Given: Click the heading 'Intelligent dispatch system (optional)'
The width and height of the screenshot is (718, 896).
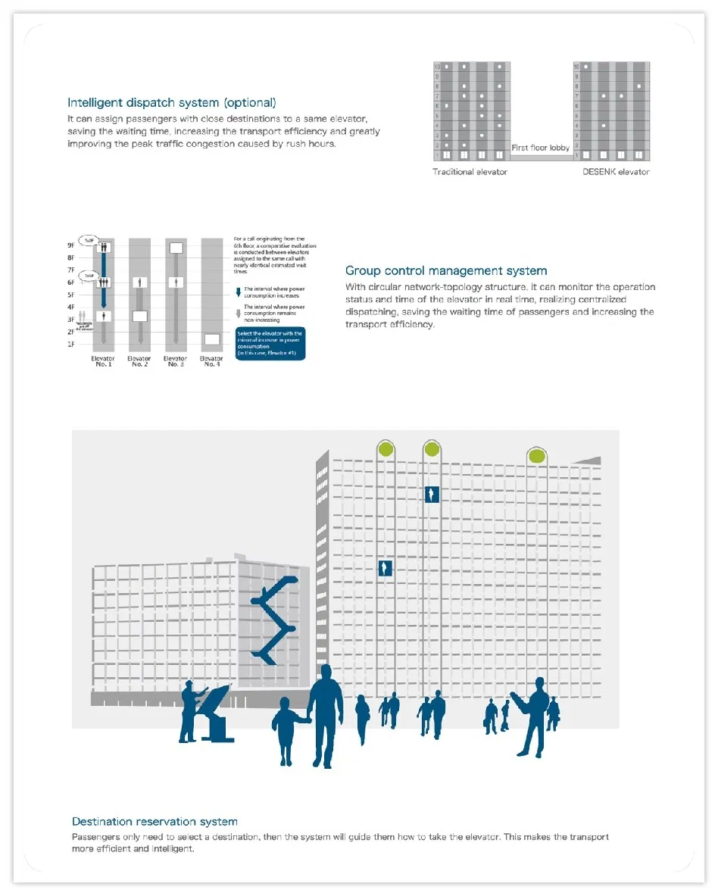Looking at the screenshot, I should point(172,103).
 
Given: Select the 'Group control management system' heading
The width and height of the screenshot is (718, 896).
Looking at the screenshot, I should point(446,270).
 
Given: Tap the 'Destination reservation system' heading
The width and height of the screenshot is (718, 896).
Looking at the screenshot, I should point(155,822).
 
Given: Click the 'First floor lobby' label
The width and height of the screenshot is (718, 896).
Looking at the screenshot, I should point(541,148).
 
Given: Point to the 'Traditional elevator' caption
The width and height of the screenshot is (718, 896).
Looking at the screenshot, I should point(470,172).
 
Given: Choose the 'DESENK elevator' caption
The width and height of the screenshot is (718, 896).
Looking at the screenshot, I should point(616,172).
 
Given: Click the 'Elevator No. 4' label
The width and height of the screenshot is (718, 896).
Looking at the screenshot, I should point(211,361).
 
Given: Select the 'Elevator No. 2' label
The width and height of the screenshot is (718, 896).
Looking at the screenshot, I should point(139,361).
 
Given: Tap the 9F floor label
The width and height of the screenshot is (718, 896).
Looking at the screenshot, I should point(71,245).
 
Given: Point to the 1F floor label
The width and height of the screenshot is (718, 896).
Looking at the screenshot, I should point(71,344).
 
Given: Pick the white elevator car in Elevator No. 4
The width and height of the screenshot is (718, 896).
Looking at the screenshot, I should point(211,339).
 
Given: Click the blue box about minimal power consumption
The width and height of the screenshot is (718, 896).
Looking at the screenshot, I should point(271,344).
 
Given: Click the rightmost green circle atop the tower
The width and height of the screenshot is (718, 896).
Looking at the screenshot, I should point(537,455).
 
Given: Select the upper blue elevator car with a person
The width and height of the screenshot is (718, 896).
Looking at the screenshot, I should point(432,494).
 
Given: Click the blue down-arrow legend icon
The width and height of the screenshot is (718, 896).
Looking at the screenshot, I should point(239,292).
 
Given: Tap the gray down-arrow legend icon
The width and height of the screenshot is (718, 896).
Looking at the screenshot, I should point(239,311).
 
